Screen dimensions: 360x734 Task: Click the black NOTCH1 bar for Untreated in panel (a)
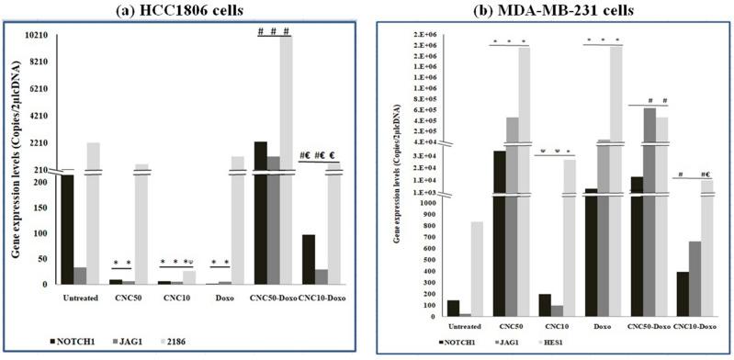66,230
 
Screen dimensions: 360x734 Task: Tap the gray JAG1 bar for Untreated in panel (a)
79,276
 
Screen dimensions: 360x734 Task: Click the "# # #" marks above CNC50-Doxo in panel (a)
273,30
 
